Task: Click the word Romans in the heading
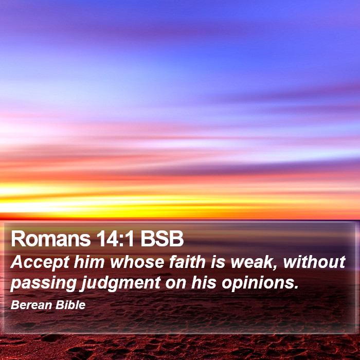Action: (51, 238)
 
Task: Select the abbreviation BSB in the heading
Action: (162, 238)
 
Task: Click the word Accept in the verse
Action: (40, 262)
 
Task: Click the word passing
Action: (43, 283)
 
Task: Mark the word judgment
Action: (121, 283)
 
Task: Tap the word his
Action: (204, 282)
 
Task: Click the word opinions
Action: (258, 283)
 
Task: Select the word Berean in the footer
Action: (31, 305)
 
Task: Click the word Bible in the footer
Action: (70, 305)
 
